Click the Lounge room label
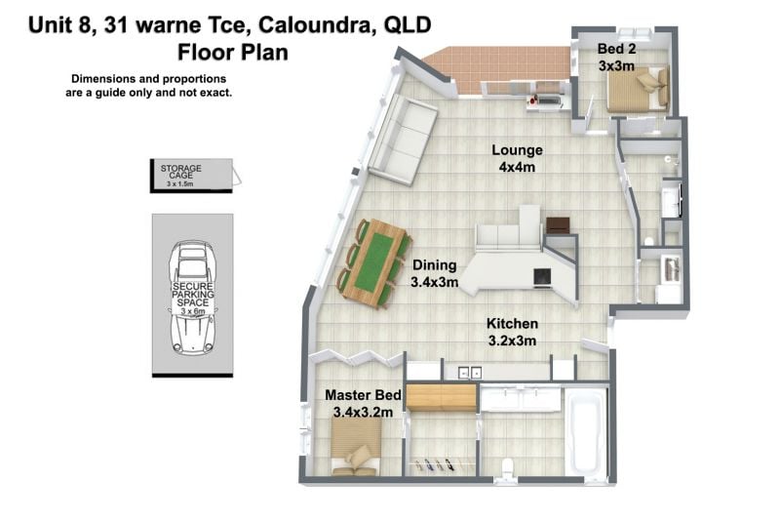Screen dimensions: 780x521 click(x=517, y=150)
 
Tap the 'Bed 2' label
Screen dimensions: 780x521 click(x=616, y=49)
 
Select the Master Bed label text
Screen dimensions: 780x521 click(x=363, y=395)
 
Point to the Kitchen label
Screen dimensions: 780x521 click(x=512, y=324)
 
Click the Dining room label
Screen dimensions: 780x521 click(x=434, y=265)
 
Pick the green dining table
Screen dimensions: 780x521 click(x=374, y=262)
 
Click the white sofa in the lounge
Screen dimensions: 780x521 click(x=403, y=140)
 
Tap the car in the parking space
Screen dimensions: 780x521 click(x=192, y=297)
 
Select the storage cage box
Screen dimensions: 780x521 click(x=191, y=176)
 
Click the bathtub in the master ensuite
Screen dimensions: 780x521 click(x=587, y=432)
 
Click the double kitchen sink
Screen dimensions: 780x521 click(x=470, y=373)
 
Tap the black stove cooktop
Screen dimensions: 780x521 click(x=542, y=277)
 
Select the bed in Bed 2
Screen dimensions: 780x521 click(x=639, y=90)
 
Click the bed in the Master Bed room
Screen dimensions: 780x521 click(x=356, y=446)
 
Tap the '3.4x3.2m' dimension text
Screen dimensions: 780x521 click(x=363, y=412)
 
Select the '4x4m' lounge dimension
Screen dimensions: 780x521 click(x=517, y=167)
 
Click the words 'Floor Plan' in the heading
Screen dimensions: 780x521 click(x=233, y=53)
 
